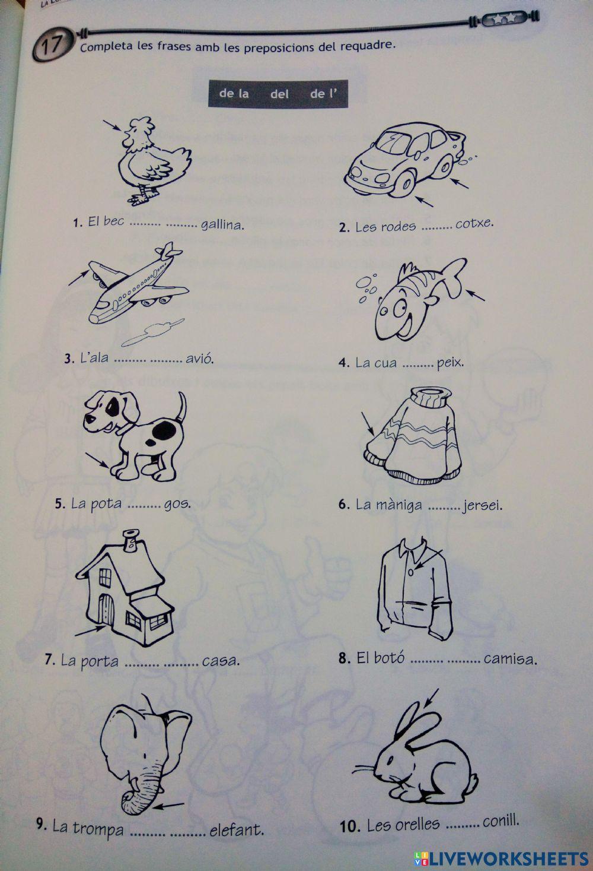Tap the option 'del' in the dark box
(279, 94)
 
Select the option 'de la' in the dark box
(234, 94)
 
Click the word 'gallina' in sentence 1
(222, 225)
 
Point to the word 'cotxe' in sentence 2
(474, 224)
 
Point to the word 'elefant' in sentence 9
(237, 829)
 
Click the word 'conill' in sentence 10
(501, 822)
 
